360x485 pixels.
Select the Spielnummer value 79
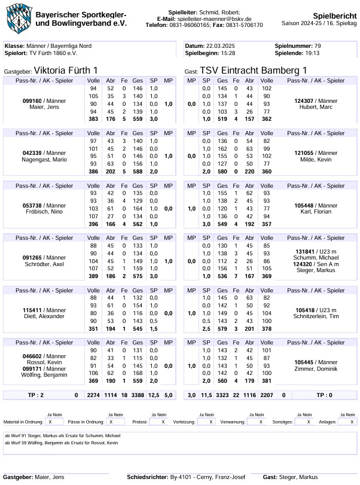318,46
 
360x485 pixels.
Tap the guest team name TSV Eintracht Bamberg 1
254,71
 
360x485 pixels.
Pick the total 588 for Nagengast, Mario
138,171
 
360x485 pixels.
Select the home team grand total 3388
138,395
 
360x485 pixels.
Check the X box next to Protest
163,422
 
